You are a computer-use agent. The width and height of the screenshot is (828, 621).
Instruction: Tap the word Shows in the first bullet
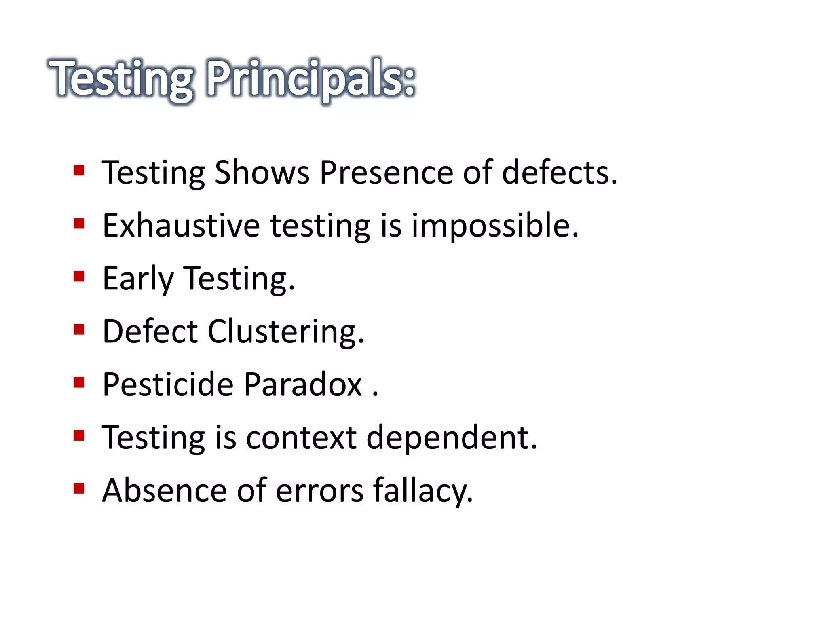click(262, 173)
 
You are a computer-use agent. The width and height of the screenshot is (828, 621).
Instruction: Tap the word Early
click(138, 279)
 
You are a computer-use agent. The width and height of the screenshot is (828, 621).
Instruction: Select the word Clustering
click(285, 332)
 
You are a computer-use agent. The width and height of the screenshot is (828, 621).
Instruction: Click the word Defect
click(150, 332)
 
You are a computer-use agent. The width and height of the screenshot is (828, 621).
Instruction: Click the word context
click(301, 438)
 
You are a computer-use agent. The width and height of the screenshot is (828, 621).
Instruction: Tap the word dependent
click(452, 438)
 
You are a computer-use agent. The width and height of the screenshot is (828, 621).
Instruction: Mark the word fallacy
click(422, 491)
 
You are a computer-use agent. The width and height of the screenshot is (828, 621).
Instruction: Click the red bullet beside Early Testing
click(79, 277)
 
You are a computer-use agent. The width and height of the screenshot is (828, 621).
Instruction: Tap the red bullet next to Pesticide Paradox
click(79, 382)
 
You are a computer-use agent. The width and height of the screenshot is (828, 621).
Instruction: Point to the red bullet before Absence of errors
click(79, 488)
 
